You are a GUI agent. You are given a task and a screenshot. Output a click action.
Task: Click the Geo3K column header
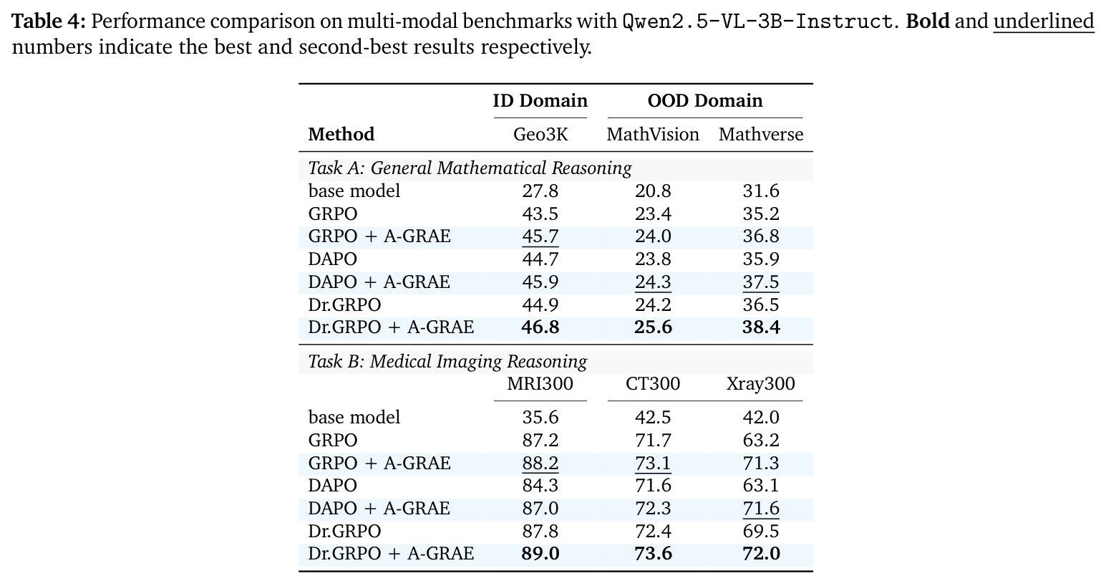point(540,135)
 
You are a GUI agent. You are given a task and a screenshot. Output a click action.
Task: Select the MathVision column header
point(653,135)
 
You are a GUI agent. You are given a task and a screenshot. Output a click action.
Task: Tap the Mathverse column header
point(761,135)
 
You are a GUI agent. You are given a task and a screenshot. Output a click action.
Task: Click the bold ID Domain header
point(540,101)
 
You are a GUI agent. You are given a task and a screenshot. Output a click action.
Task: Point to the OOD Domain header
point(705,101)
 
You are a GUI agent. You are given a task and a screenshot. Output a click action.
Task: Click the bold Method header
point(341,135)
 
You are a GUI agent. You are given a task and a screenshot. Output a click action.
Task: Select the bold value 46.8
point(540,327)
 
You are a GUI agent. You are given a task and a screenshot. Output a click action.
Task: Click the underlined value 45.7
point(540,236)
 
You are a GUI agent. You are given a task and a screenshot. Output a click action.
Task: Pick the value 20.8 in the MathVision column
point(653,191)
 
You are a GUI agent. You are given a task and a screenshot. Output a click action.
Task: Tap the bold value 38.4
point(761,327)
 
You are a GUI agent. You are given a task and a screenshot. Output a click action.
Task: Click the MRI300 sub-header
point(540,383)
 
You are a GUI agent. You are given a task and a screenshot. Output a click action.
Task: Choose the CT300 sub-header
point(653,383)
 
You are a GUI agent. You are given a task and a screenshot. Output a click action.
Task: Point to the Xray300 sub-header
point(761,383)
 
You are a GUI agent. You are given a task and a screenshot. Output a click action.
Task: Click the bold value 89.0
point(540,553)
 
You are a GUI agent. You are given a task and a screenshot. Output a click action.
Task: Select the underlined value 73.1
point(653,463)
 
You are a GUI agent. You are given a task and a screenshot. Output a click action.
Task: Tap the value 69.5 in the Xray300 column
point(761,531)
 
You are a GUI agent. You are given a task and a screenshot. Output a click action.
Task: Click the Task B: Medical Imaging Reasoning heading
point(447,361)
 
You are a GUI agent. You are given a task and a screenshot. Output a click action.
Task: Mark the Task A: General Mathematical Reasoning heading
point(470,168)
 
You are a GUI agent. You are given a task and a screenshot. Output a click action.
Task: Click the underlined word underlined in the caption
point(1044,21)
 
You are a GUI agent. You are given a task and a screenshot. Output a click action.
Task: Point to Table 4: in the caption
point(49,21)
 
